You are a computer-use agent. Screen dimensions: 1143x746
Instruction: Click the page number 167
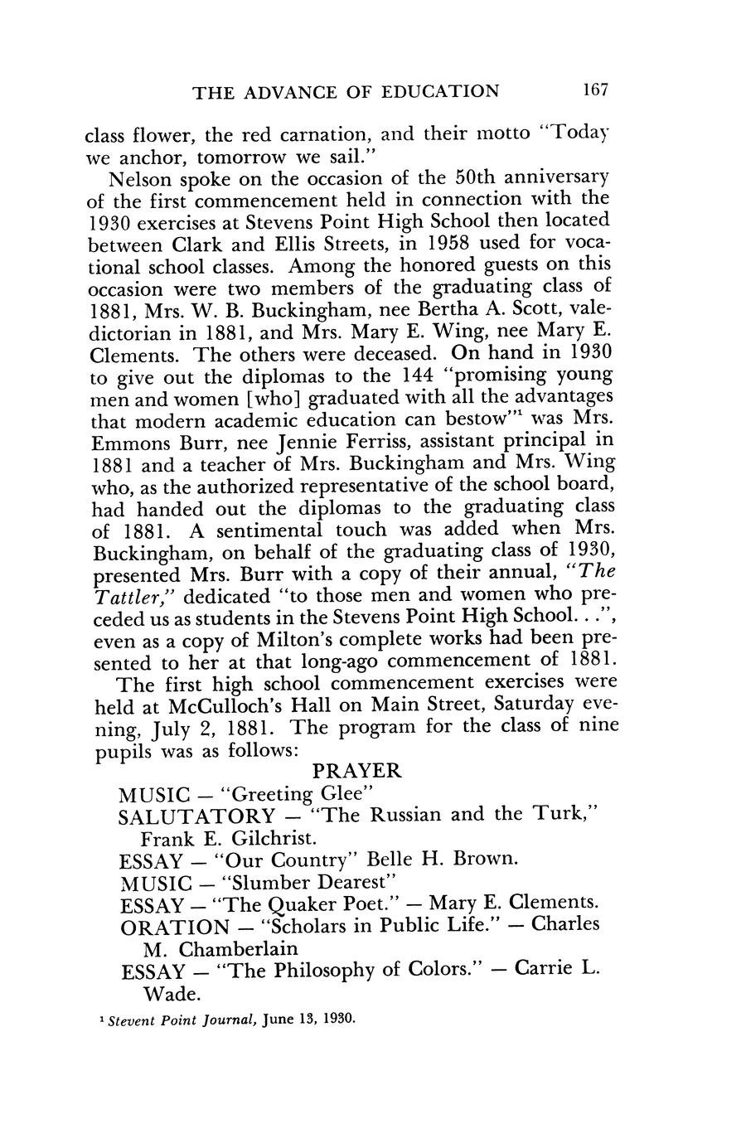(595, 90)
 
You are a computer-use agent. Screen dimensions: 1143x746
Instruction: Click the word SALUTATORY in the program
(197, 816)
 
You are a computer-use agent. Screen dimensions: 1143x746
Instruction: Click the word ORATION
(174, 926)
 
